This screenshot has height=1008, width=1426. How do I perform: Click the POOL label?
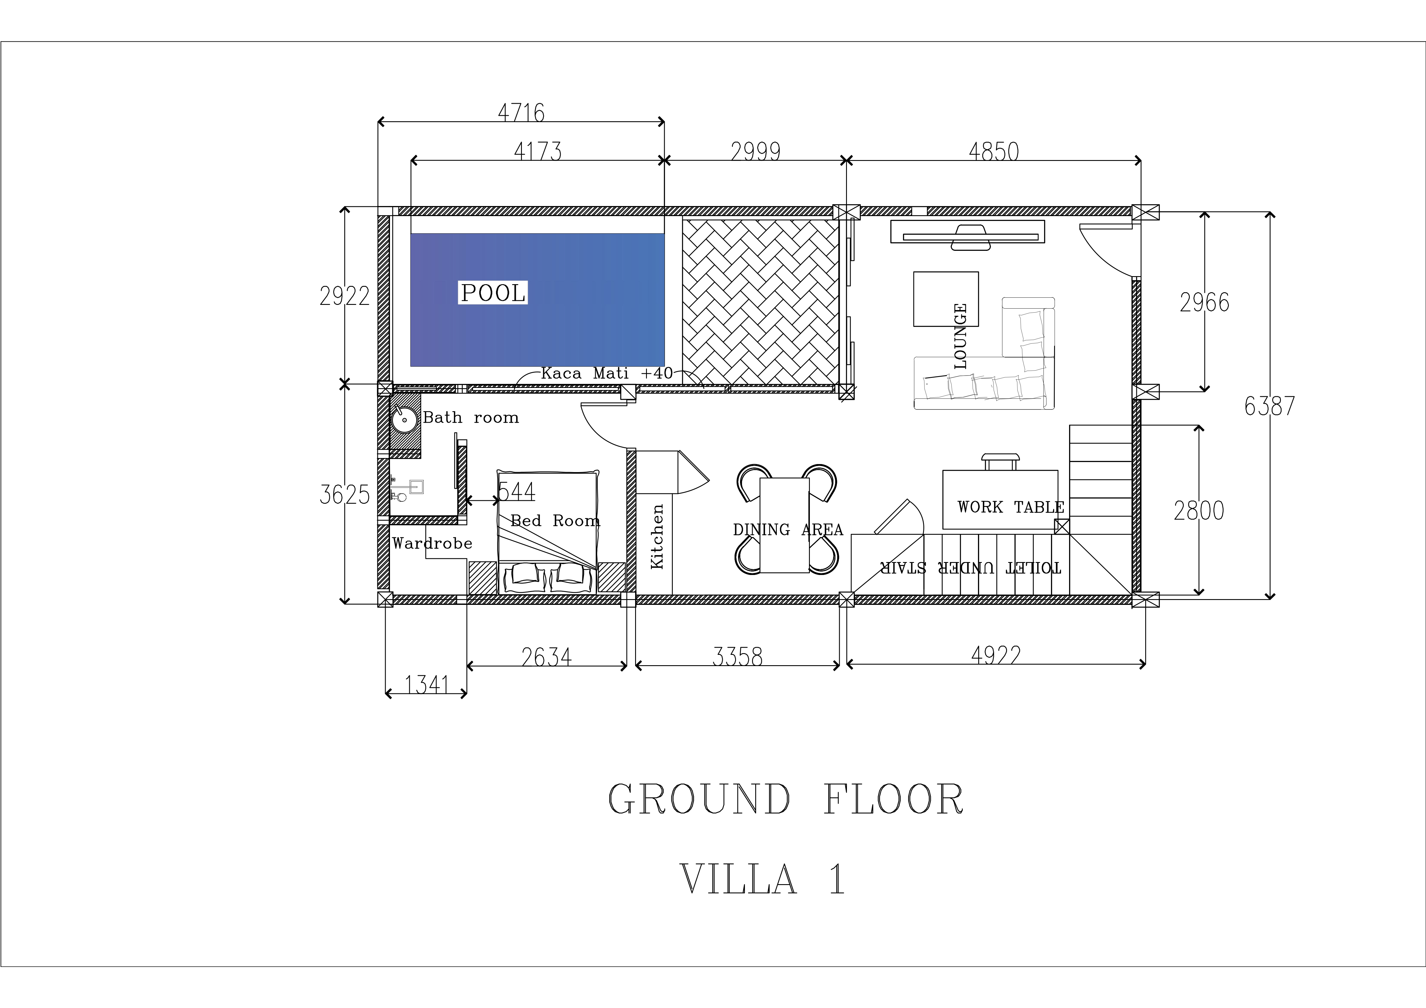click(493, 293)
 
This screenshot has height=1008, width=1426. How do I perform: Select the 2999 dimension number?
click(755, 151)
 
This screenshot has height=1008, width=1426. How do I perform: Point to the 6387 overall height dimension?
click(1269, 406)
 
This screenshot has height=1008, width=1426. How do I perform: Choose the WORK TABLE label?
click(1010, 507)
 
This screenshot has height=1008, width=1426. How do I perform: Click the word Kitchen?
click(657, 536)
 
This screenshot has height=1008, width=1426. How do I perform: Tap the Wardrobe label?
click(432, 543)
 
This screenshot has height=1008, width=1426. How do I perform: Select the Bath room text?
click(471, 417)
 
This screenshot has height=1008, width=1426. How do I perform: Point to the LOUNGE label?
click(960, 336)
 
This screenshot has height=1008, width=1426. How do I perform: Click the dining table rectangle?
click(785, 525)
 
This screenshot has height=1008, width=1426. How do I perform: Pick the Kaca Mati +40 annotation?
click(607, 373)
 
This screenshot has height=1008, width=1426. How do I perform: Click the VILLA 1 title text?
click(763, 879)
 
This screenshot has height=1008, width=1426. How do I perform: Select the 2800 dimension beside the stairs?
click(1199, 511)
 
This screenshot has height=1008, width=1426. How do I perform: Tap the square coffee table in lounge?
click(946, 299)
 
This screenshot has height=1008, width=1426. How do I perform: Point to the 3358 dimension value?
click(737, 657)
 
